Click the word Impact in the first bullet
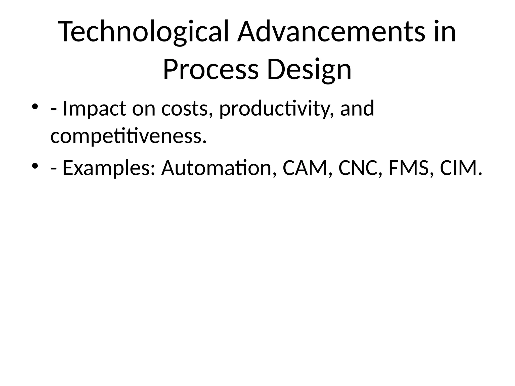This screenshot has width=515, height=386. click(94, 109)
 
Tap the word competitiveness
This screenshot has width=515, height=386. click(128, 136)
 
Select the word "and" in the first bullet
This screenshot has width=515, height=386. click(357, 109)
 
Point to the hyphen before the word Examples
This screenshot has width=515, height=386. click(53, 168)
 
